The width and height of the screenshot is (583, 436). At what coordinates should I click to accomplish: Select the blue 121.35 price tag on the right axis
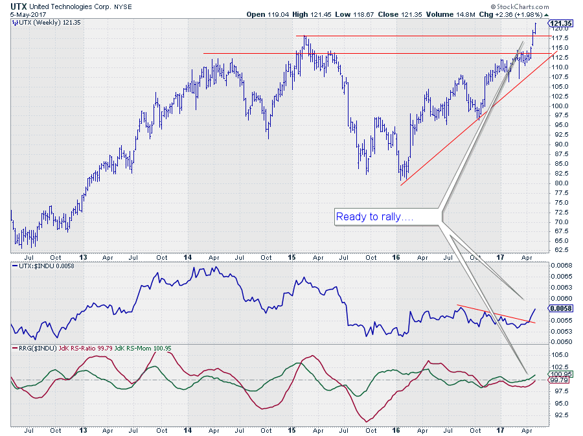click(x=561, y=24)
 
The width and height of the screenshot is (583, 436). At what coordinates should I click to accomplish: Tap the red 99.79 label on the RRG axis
click(x=560, y=382)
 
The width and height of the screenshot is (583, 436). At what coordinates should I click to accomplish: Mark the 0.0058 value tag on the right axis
click(x=560, y=308)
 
